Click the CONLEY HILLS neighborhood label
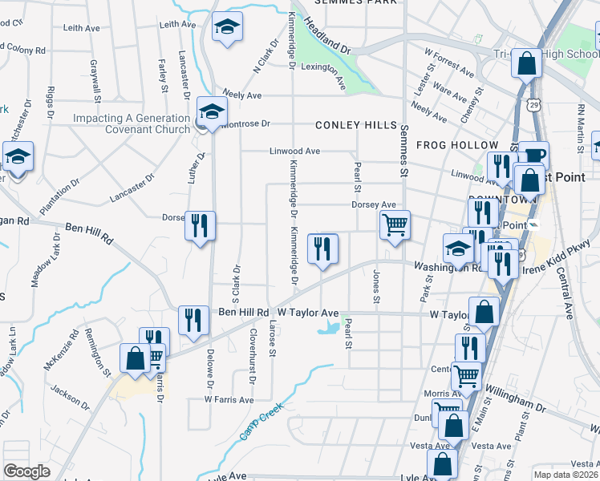coord(355,126)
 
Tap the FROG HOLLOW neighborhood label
coord(457,145)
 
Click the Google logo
coord(26,471)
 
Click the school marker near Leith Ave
coord(228,29)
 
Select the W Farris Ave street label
coord(229,399)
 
